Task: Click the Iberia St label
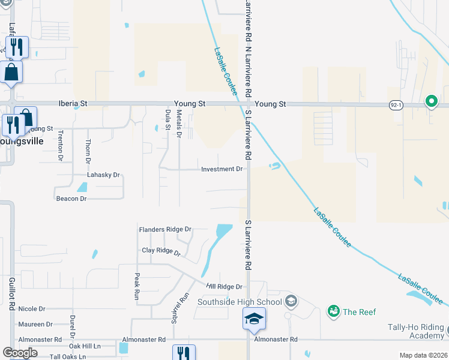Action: pyautogui.click(x=73, y=103)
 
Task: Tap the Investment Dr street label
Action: pyautogui.click(x=221, y=169)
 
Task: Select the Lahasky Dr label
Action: pyautogui.click(x=103, y=175)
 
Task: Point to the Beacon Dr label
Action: pyautogui.click(x=71, y=199)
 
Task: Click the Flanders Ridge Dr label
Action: pyautogui.click(x=164, y=229)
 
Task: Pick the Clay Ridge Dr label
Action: pyautogui.click(x=161, y=251)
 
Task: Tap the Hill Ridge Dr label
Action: pyautogui.click(x=224, y=287)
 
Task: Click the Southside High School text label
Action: pyautogui.click(x=243, y=302)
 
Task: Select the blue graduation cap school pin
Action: pyautogui.click(x=254, y=319)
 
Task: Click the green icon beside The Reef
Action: pyautogui.click(x=333, y=311)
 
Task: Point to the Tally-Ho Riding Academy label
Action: pyautogui.click(x=415, y=332)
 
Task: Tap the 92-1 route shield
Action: pyautogui.click(x=396, y=104)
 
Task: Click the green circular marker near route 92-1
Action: pyautogui.click(x=431, y=101)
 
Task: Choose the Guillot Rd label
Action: pyautogui.click(x=11, y=293)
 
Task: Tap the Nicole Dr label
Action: pyautogui.click(x=32, y=309)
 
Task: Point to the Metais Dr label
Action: pyautogui.click(x=178, y=124)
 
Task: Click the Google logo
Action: pyautogui.click(x=20, y=353)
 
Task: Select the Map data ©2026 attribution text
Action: pyautogui.click(x=423, y=355)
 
